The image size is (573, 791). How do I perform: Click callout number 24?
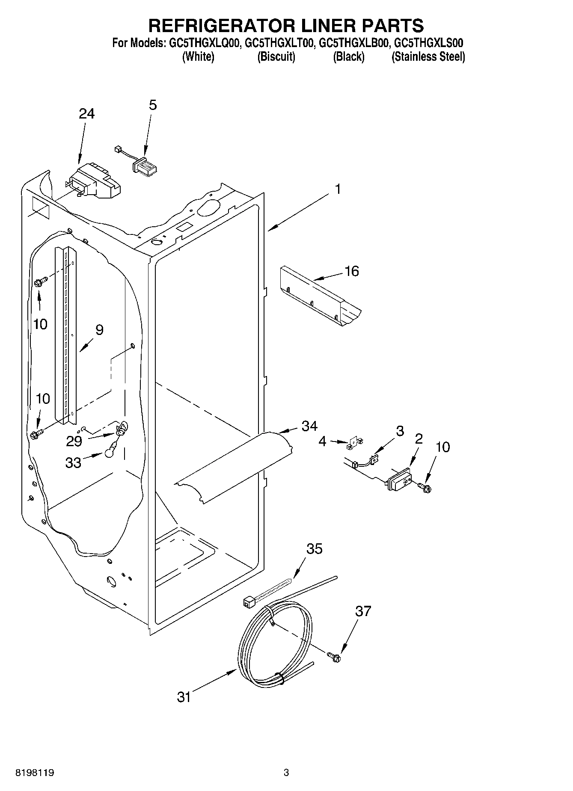(86, 114)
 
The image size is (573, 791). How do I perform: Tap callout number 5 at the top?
(153, 105)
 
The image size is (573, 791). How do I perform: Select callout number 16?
(352, 271)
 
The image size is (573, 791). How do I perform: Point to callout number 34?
(309, 426)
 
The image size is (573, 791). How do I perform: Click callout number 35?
(315, 549)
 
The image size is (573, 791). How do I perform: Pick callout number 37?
(363, 611)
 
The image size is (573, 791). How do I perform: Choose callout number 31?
(184, 697)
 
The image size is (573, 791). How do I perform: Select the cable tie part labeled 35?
(265, 593)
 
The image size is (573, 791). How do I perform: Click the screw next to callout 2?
(425, 487)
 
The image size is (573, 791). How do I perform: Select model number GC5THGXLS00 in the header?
(428, 43)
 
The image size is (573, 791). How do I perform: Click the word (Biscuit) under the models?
(276, 57)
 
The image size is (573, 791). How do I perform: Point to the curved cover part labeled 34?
(240, 466)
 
